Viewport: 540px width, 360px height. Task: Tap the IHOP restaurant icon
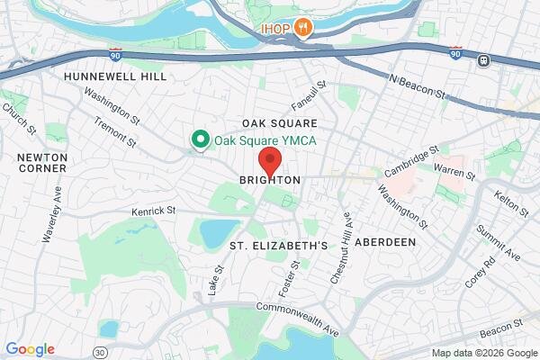[x=305, y=27]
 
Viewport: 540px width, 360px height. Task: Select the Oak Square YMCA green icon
[x=199, y=139]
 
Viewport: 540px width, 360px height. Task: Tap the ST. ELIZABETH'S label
[x=276, y=245]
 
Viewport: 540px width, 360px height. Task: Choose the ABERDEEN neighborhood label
[x=384, y=243]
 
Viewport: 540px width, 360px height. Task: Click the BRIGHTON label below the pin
[x=269, y=181]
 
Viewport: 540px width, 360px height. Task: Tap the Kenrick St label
[x=155, y=211]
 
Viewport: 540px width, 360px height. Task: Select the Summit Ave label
[x=504, y=241]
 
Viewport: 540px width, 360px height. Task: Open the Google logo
[x=30, y=349]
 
